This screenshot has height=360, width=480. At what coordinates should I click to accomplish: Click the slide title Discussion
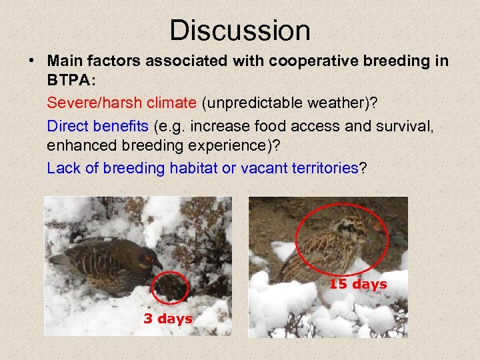(239, 31)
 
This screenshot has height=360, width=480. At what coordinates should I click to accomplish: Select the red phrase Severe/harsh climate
(122, 103)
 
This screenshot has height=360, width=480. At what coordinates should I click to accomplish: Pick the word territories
(325, 167)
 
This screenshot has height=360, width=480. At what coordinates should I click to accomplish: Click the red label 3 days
(167, 319)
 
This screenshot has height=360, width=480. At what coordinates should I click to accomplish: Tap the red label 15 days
(358, 284)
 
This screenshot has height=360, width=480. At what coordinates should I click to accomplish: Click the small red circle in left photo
(171, 288)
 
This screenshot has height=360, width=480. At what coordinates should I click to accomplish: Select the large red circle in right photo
(341, 247)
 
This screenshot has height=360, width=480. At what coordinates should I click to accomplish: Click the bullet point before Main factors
(31, 61)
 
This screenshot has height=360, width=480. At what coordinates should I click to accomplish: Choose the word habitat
(193, 167)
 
